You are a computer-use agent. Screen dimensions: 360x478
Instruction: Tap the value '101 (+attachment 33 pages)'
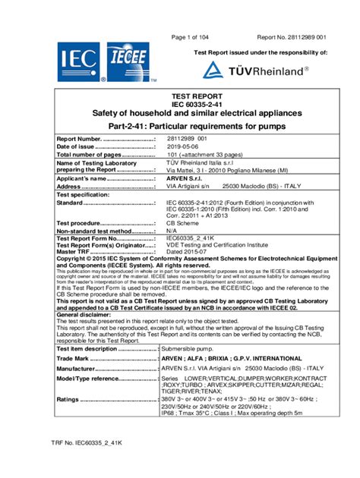204,155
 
